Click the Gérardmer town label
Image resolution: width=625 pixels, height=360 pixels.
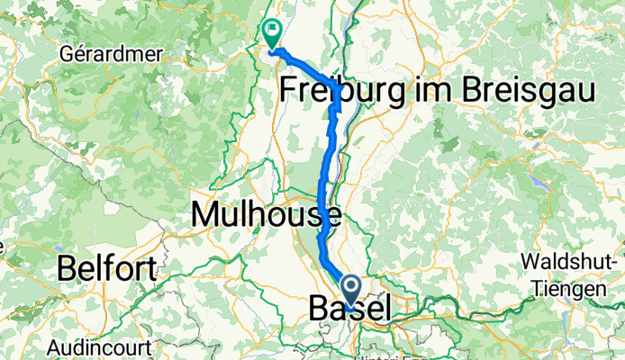point(110,53)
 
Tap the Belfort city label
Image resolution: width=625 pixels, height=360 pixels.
point(106,267)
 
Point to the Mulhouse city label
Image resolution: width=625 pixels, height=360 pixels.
point(266,214)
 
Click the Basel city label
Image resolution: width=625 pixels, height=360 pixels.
point(349,308)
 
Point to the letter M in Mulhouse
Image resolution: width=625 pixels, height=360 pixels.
point(206,214)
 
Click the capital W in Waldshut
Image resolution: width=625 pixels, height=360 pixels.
point(528,262)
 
